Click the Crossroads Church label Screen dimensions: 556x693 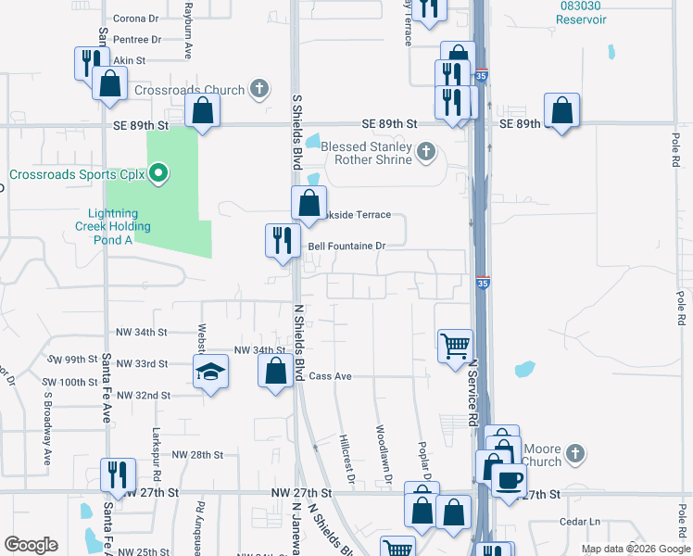(x=189, y=90)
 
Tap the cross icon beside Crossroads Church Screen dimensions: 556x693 (x=260, y=90)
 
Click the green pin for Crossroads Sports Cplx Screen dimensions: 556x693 (x=158, y=173)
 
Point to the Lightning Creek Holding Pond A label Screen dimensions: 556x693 (x=113, y=226)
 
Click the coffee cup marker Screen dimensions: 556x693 (x=509, y=480)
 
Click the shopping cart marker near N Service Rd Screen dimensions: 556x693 (x=455, y=346)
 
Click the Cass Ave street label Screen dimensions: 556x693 (x=331, y=376)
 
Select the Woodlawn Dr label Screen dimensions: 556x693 (x=384, y=453)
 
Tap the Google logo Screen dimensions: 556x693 (x=31, y=545)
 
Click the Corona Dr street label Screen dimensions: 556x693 (x=136, y=18)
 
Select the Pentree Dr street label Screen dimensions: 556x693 (x=136, y=39)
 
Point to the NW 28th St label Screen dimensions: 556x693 (x=198, y=455)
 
